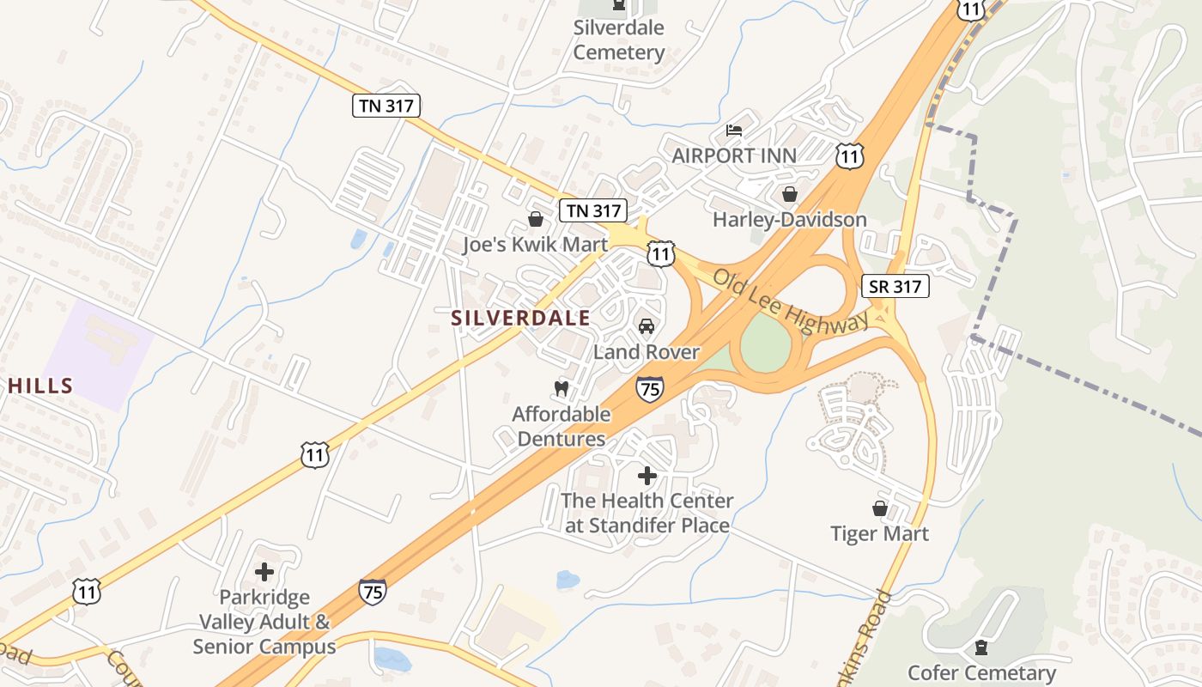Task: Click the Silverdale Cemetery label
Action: click(x=618, y=40)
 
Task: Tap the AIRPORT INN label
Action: click(x=734, y=155)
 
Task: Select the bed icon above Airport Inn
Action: click(x=734, y=131)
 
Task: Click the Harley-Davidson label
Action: click(x=790, y=220)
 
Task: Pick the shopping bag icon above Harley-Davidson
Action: click(x=790, y=195)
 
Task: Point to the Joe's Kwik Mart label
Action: click(x=535, y=245)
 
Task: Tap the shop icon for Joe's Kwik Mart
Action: click(x=535, y=220)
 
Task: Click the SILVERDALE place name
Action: click(x=521, y=319)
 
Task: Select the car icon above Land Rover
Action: click(x=647, y=326)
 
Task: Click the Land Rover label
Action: click(x=647, y=352)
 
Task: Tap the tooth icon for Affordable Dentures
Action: click(x=562, y=388)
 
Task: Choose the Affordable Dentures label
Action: click(x=562, y=427)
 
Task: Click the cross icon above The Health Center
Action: click(x=647, y=476)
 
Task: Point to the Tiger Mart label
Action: click(x=879, y=534)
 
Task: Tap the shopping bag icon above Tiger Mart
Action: click(x=879, y=508)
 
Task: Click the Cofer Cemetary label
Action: click(x=981, y=673)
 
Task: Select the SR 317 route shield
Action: click(x=895, y=286)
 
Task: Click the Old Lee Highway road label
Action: click(x=791, y=301)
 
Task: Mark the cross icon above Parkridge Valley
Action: click(x=264, y=572)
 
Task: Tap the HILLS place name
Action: click(x=40, y=386)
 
